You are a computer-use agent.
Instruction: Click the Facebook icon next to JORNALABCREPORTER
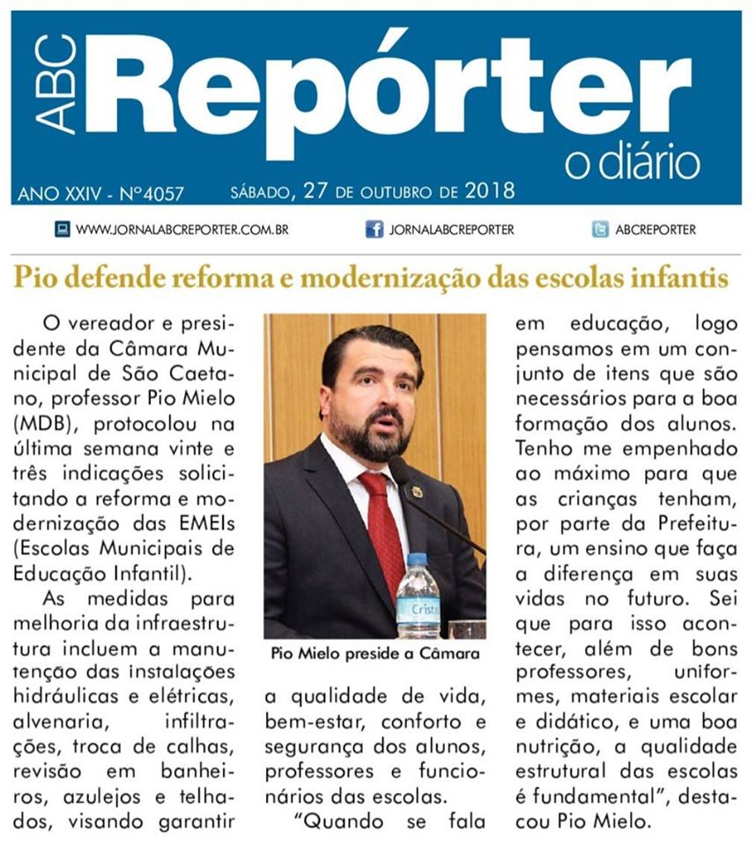pyautogui.click(x=374, y=230)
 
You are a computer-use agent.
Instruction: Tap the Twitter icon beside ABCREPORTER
pyautogui.click(x=600, y=230)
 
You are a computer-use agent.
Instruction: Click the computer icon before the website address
pyautogui.click(x=63, y=230)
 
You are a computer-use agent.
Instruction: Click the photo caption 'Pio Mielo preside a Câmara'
pyautogui.click(x=374, y=654)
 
